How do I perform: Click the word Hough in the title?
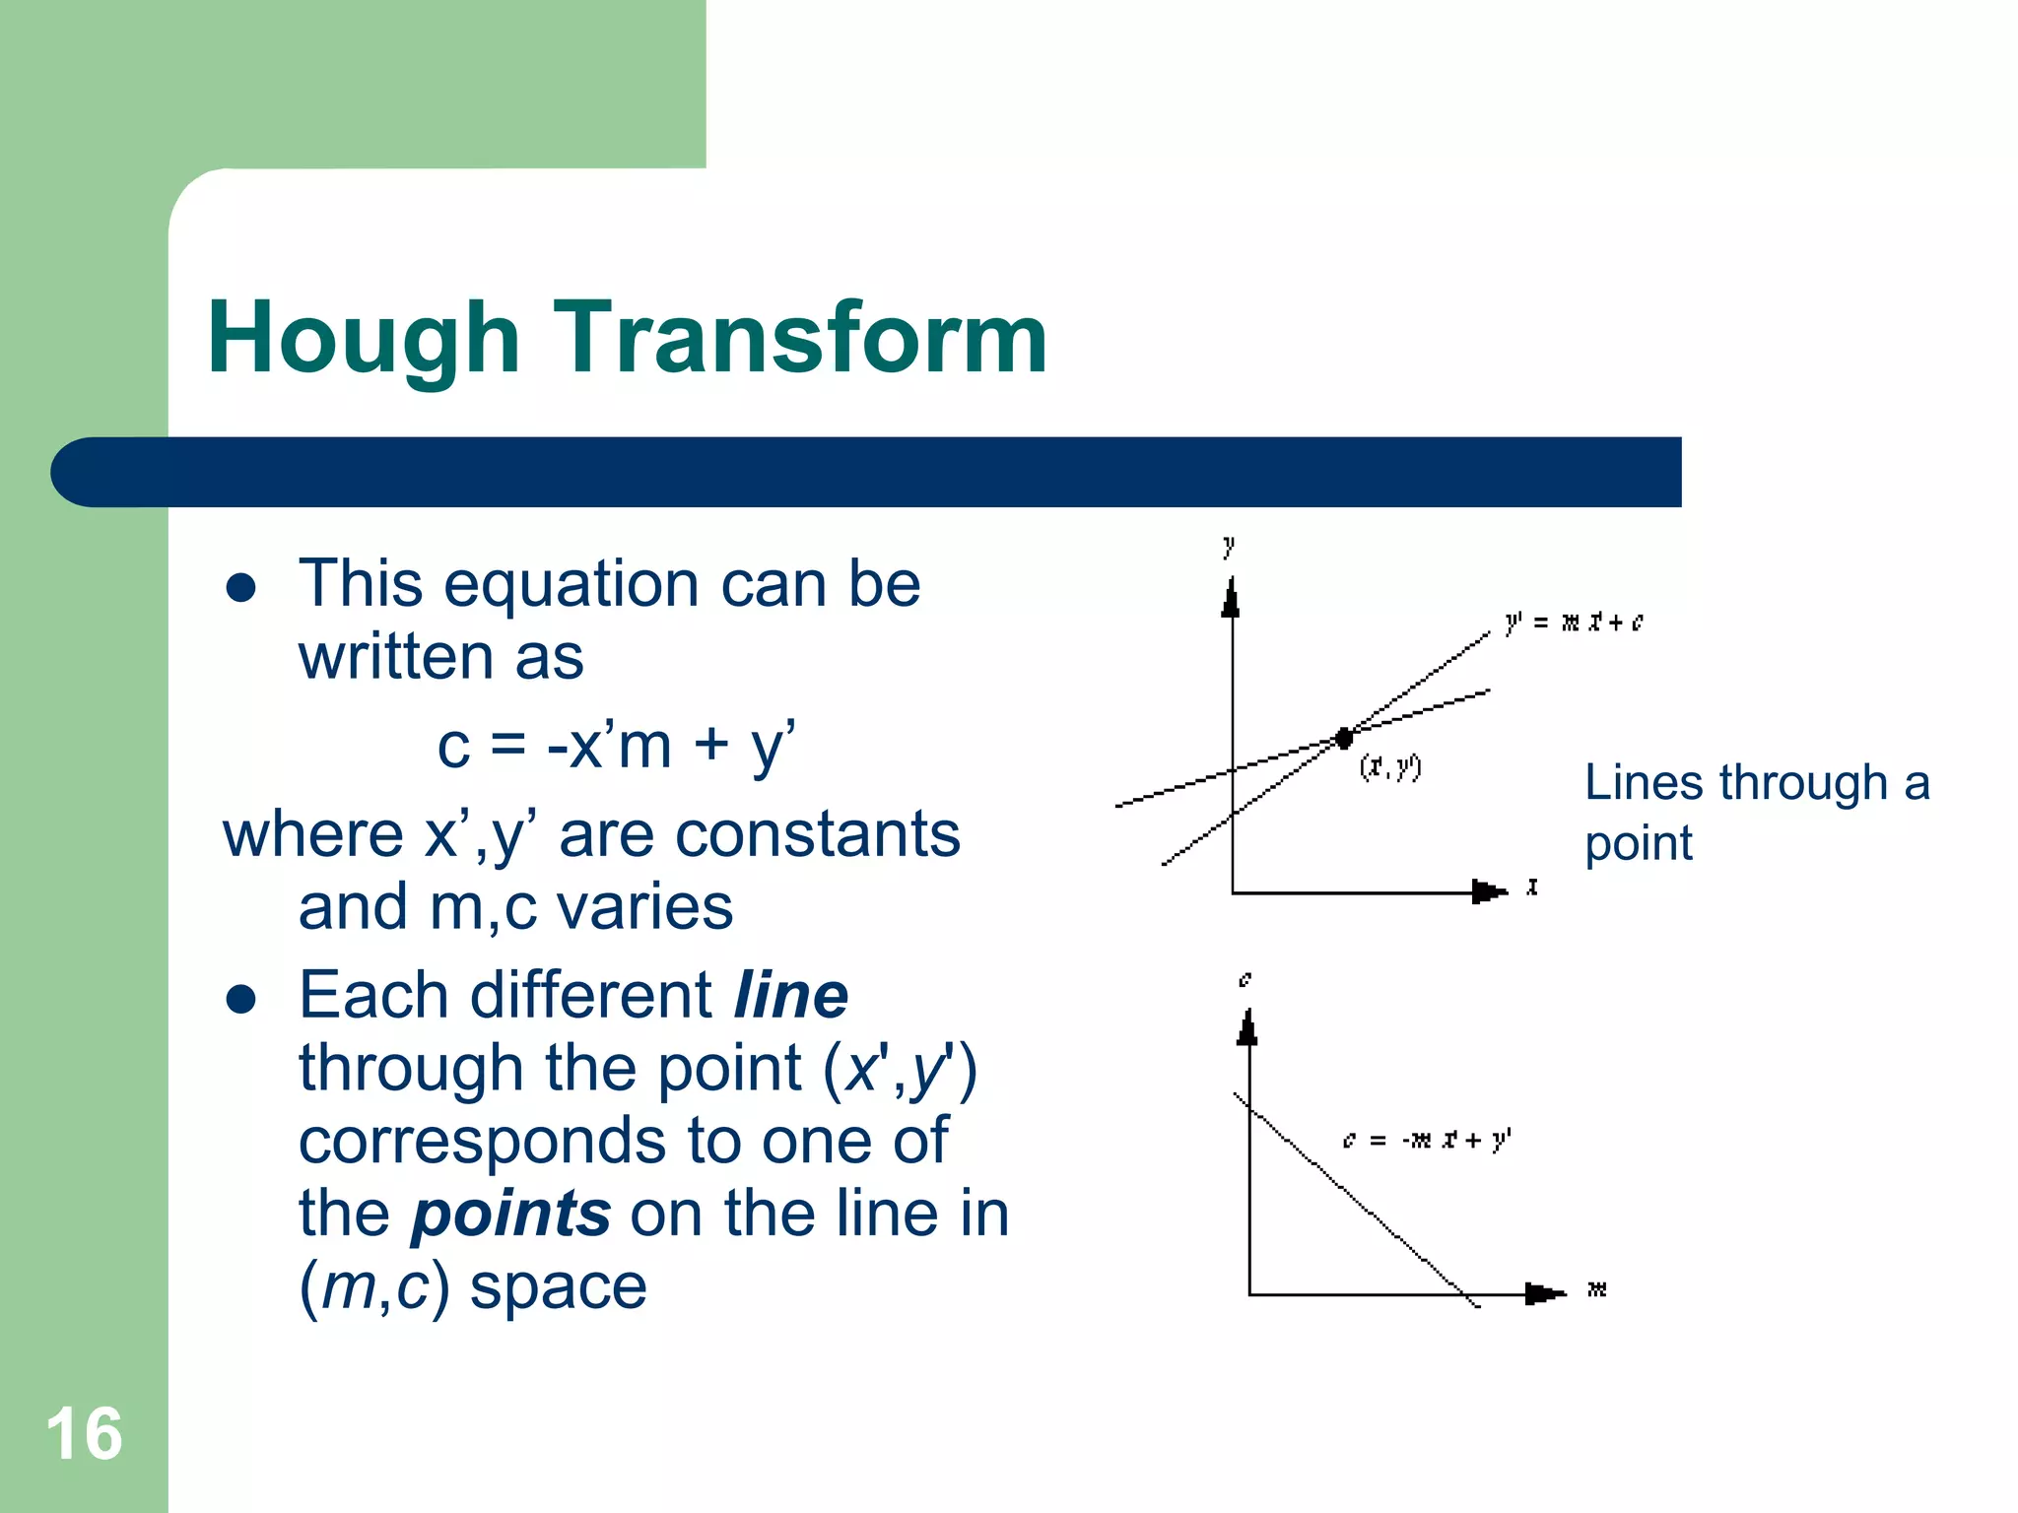pos(363,340)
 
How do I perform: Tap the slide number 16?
pos(84,1434)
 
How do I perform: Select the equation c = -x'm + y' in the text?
pos(616,746)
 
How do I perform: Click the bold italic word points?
pos(511,1214)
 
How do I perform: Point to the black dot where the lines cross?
pos(1344,738)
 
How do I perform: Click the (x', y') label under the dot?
pos(1389,766)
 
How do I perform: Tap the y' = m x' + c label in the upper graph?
pos(1574,623)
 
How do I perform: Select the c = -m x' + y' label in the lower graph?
pos(1426,1141)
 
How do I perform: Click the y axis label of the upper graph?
pos(1229,546)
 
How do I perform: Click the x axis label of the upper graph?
pos(1532,888)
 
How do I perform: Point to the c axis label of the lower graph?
pos(1245,979)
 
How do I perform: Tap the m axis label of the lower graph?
pos(1597,1288)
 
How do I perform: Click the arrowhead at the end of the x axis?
pos(1488,892)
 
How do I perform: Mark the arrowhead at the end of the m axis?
pos(1543,1293)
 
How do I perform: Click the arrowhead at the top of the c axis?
pos(1247,1028)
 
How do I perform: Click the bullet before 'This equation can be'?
pos(241,588)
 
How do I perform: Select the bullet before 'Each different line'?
pos(241,1000)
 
